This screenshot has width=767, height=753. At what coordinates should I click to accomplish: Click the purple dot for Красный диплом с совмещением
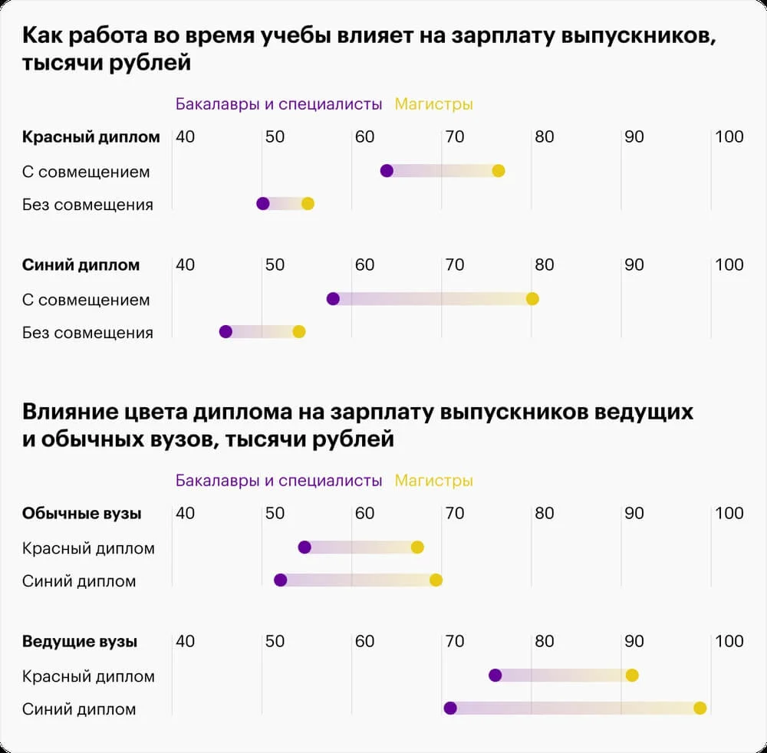click(x=387, y=171)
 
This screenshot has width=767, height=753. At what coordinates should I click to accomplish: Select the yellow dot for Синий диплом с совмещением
click(x=532, y=299)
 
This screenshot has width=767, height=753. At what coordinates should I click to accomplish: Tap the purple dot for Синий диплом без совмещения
click(x=225, y=332)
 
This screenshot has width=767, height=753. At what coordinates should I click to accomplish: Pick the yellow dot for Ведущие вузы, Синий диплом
click(x=700, y=709)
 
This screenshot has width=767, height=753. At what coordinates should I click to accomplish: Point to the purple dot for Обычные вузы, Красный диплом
click(x=304, y=547)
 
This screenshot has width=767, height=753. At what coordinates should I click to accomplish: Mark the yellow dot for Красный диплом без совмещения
click(x=308, y=204)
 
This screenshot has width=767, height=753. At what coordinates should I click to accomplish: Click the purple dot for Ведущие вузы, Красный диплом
click(x=495, y=676)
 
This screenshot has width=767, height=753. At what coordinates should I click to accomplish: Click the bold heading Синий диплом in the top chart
click(x=81, y=265)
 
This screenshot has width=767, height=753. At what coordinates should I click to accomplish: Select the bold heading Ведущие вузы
click(x=80, y=642)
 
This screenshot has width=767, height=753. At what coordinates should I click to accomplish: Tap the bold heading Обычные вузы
click(x=82, y=514)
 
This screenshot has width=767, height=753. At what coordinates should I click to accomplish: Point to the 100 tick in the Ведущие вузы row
click(x=729, y=641)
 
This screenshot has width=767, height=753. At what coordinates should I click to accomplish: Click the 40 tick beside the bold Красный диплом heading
click(x=186, y=137)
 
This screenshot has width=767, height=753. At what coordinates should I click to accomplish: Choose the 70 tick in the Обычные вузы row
click(x=455, y=514)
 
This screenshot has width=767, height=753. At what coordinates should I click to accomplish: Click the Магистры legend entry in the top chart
click(x=433, y=104)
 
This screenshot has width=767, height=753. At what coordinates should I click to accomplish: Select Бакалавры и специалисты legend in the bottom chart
click(x=278, y=481)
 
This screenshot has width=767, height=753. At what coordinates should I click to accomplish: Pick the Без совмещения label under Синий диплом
click(x=87, y=333)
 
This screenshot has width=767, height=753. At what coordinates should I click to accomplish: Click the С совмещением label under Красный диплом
click(x=86, y=172)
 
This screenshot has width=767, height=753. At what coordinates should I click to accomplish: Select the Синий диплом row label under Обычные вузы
click(x=79, y=581)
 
